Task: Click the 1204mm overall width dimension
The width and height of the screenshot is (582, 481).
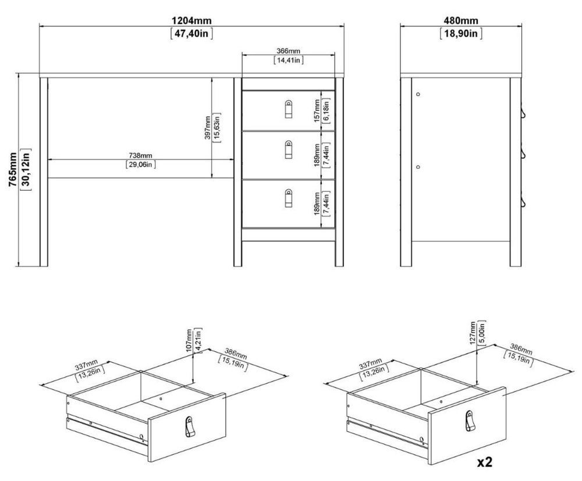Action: click(191, 21)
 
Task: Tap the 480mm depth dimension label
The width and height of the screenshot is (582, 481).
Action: click(461, 21)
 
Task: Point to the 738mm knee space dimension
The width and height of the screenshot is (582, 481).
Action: click(140, 156)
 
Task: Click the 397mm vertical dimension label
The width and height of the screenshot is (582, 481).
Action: click(208, 127)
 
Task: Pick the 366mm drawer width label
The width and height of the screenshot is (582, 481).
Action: click(289, 51)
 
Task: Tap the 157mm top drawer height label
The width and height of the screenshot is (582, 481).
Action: click(317, 111)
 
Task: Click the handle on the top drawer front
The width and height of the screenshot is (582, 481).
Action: click(289, 109)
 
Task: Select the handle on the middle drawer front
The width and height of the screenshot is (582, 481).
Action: click(289, 149)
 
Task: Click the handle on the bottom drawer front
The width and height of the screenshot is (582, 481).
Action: click(289, 198)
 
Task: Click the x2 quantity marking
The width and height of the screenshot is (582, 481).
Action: click(485, 462)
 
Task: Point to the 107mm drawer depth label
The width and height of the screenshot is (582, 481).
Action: click(190, 340)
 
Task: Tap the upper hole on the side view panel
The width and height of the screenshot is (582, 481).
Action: click(418, 95)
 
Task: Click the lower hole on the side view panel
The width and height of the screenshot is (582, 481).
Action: click(418, 168)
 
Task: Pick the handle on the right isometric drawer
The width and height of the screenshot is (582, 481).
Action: click(470, 421)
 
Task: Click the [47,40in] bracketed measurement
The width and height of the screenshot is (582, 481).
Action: click(191, 34)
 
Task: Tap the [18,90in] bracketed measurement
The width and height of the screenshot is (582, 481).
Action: click(461, 34)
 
